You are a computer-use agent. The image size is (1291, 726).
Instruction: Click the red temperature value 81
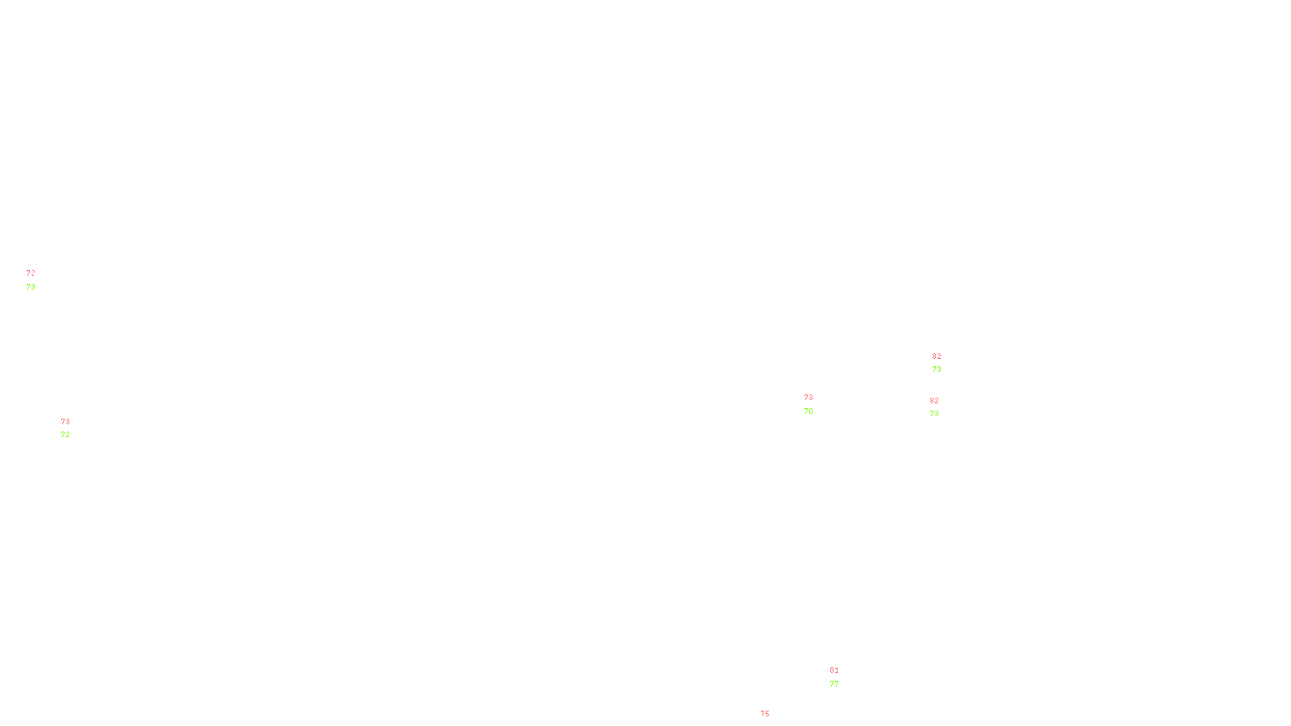pos(834,670)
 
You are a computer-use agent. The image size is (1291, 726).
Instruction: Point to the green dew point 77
pos(834,684)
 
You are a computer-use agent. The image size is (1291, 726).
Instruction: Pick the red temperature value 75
pos(765,714)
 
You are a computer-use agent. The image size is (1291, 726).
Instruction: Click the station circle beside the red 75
pos(773,721)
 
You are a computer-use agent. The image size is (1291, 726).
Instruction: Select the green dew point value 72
pos(65,435)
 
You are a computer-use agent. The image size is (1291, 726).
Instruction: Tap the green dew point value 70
pos(808,411)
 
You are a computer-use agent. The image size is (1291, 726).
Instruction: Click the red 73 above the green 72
pos(65,422)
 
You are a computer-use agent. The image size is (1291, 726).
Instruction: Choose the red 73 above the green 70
pos(808,398)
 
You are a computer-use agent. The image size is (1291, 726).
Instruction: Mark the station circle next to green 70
pos(817,404)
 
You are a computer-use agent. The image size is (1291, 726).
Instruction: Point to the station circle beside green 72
pos(73,428)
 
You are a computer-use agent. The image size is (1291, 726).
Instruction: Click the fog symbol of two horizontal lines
pos(31,280)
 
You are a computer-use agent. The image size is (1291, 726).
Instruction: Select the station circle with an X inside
pos(39,280)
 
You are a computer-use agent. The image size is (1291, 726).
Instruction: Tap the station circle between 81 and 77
pos(842,677)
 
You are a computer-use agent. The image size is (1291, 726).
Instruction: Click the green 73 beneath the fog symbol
pos(31,287)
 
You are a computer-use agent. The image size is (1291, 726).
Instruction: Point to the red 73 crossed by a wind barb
pos(30,273)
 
